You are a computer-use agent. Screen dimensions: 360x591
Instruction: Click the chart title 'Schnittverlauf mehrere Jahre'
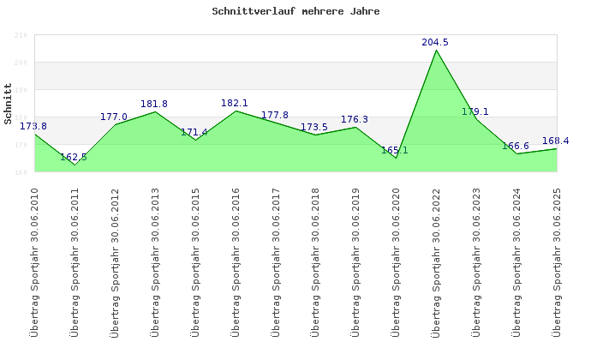click(x=295, y=12)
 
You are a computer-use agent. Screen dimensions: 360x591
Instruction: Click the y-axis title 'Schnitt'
click(x=8, y=104)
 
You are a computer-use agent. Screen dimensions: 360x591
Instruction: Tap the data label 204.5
click(x=435, y=42)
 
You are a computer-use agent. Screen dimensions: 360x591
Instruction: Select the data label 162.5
click(x=74, y=157)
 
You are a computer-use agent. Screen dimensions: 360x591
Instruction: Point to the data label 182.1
click(x=235, y=103)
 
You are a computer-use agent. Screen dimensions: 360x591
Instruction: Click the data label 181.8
click(x=154, y=104)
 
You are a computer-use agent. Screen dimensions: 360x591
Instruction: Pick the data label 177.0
click(x=114, y=117)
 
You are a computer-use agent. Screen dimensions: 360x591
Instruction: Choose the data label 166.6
click(x=516, y=146)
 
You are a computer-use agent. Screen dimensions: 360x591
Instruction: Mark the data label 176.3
click(x=355, y=119)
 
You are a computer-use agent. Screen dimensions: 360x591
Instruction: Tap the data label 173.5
click(x=314, y=127)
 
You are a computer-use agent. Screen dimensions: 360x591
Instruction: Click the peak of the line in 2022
click(x=436, y=50)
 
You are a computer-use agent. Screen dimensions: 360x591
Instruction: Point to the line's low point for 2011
click(x=75, y=165)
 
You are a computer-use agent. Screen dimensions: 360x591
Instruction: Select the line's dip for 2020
click(x=396, y=158)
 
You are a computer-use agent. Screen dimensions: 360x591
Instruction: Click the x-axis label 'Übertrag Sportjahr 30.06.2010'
click(x=34, y=261)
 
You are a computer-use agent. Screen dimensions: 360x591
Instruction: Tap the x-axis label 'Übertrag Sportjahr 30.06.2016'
click(x=236, y=261)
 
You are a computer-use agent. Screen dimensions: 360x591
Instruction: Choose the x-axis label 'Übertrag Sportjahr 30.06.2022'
click(x=436, y=261)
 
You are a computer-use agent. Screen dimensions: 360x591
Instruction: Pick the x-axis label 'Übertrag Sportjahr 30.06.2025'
click(x=557, y=261)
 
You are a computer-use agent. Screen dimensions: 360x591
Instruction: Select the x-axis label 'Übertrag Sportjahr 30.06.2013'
click(x=155, y=261)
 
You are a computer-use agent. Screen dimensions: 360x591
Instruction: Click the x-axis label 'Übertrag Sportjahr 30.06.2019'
click(x=355, y=261)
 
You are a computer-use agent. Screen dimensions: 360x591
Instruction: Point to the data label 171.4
click(x=194, y=132)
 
